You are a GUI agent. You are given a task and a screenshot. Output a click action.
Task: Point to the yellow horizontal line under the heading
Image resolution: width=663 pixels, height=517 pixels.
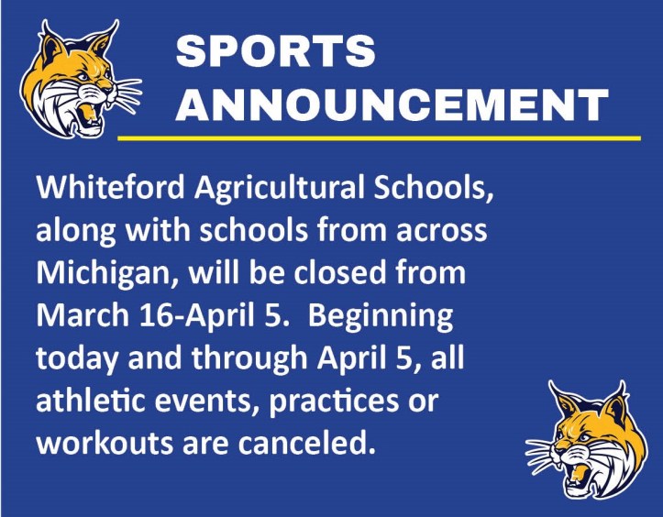click(379, 138)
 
